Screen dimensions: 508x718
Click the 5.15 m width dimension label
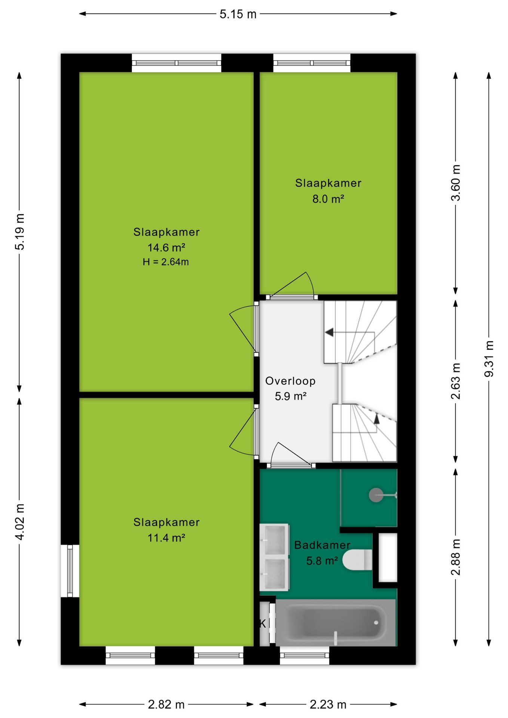pyautogui.click(x=238, y=14)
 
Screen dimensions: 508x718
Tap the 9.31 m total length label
pyautogui.click(x=489, y=359)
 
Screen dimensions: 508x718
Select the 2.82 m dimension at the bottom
pyautogui.click(x=166, y=705)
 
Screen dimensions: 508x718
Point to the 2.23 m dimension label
pyautogui.click(x=328, y=705)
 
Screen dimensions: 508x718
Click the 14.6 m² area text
pyautogui.click(x=166, y=248)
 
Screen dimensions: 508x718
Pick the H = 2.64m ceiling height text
pyautogui.click(x=166, y=262)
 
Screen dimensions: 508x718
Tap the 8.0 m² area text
pyautogui.click(x=328, y=199)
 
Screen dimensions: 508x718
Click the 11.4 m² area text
pyautogui.click(x=166, y=538)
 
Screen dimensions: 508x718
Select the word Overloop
pyautogui.click(x=290, y=381)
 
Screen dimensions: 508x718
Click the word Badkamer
pyautogui.click(x=322, y=545)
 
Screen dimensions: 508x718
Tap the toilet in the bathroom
pyautogui.click(x=357, y=560)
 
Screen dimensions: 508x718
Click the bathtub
pyautogui.click(x=336, y=622)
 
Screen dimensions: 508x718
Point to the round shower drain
pyautogui.click(x=376, y=495)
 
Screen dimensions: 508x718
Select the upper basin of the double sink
pyautogui.click(x=275, y=540)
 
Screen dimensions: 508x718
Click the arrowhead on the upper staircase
pyautogui.click(x=329, y=332)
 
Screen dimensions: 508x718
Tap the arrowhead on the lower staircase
pyautogui.click(x=377, y=419)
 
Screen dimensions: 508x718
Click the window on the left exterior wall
pyautogui.click(x=70, y=571)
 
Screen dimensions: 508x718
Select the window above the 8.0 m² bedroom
pyautogui.click(x=312, y=63)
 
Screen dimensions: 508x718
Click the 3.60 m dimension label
pyautogui.click(x=456, y=183)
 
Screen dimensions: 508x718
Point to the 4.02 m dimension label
pyautogui.click(x=19, y=522)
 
